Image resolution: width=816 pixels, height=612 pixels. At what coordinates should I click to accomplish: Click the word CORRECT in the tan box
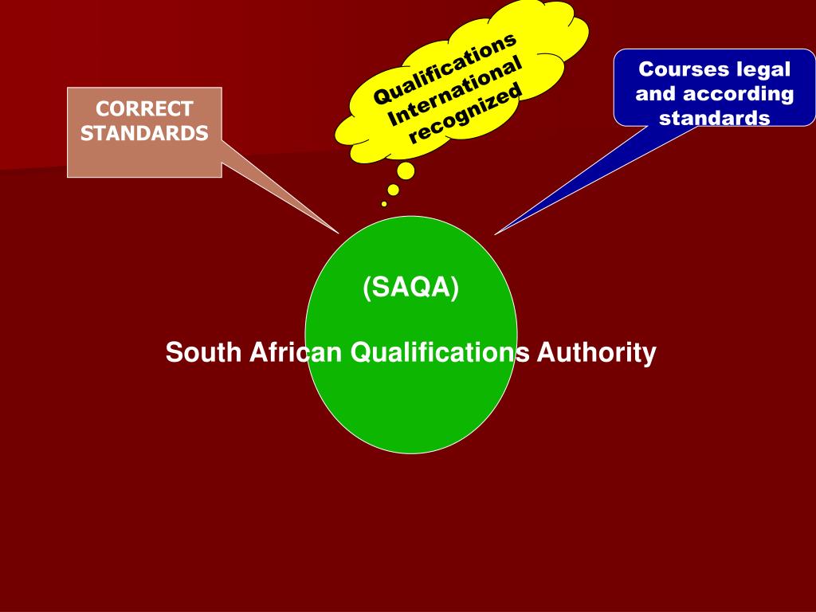click(x=144, y=108)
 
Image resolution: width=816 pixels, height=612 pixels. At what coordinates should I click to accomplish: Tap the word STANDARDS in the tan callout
click(x=144, y=132)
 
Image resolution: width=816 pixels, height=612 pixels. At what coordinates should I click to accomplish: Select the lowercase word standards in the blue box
click(x=715, y=119)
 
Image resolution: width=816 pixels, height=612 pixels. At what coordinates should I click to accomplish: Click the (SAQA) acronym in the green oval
click(x=411, y=288)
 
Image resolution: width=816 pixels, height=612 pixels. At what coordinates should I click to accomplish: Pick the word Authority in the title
click(x=596, y=352)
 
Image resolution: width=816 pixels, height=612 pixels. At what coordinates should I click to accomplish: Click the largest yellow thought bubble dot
click(x=406, y=171)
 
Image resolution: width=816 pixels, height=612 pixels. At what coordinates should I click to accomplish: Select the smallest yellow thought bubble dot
click(x=384, y=204)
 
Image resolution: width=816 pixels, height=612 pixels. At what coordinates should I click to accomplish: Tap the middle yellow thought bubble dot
click(x=393, y=190)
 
